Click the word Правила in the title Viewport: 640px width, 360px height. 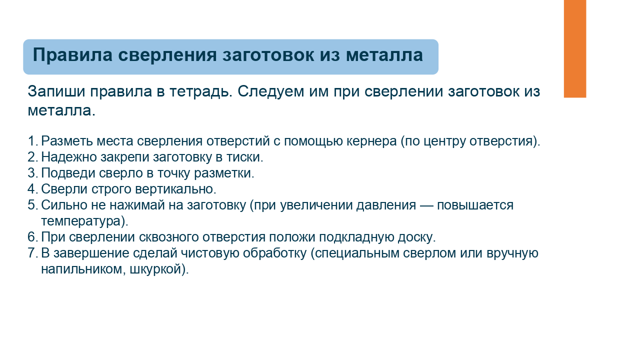pyautogui.click(x=72, y=54)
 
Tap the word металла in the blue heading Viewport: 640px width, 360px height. pyautogui.click(x=384, y=55)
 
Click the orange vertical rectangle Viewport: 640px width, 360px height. pyautogui.click(x=575, y=48)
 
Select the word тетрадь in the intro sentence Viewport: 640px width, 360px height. pyautogui.click(x=201, y=92)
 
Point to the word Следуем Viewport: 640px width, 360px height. pyautogui.click(x=270, y=92)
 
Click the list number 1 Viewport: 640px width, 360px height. pyautogui.click(x=32, y=141)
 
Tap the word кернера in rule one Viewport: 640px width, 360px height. pyautogui.click(x=371, y=141)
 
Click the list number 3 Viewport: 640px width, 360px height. pyautogui.click(x=32, y=173)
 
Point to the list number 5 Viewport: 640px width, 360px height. pyautogui.click(x=32, y=205)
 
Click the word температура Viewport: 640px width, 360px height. pyautogui.click(x=82, y=221)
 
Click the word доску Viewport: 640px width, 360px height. pyautogui.click(x=416, y=237)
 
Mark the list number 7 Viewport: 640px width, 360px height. pyautogui.click(x=32, y=253)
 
